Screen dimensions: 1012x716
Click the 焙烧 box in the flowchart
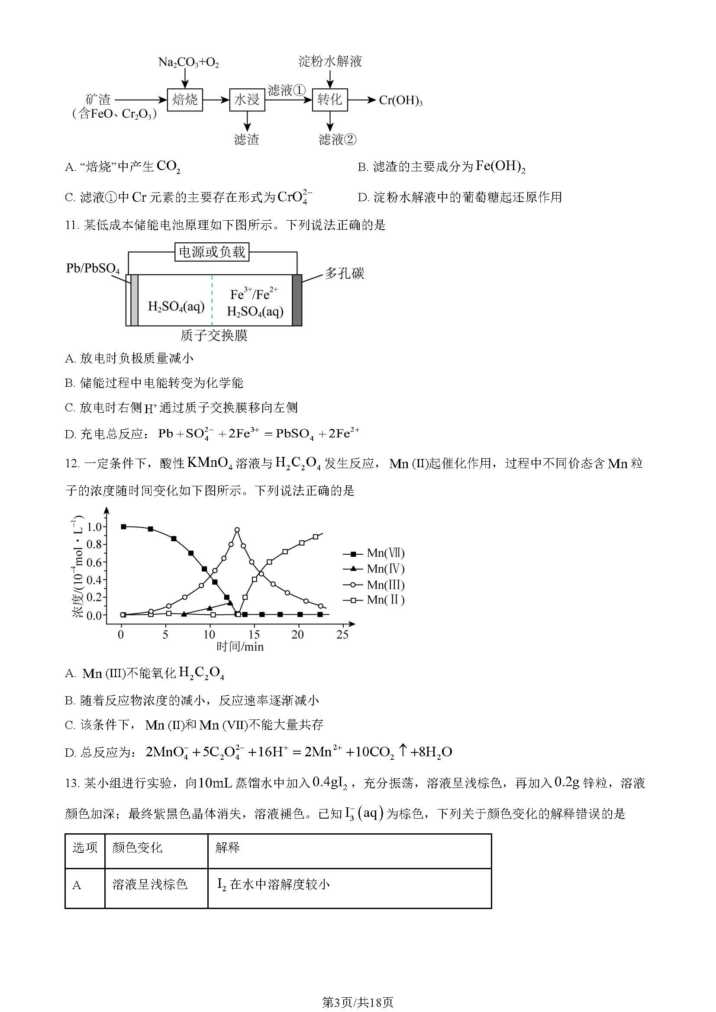(x=185, y=99)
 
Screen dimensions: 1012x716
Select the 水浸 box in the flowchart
(x=247, y=100)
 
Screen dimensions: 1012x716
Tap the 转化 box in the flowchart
(x=330, y=100)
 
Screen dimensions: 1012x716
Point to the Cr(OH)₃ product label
(x=400, y=100)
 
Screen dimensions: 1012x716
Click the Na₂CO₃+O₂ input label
(x=188, y=63)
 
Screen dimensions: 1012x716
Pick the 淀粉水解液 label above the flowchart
(x=330, y=61)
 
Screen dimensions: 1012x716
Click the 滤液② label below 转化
(x=337, y=140)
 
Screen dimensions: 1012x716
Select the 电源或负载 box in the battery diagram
(x=212, y=252)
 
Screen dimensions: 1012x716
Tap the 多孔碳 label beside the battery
(x=344, y=273)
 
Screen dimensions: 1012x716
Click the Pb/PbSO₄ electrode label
(x=93, y=268)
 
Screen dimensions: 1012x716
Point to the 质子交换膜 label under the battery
(x=214, y=335)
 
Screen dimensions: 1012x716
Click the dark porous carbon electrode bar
(x=297, y=300)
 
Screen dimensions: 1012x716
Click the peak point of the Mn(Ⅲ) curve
(x=237, y=530)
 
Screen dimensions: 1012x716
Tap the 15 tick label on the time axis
(x=254, y=635)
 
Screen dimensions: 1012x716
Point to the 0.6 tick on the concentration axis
(x=94, y=562)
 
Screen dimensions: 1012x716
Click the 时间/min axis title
(x=240, y=646)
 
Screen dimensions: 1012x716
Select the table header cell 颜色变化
(x=137, y=848)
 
